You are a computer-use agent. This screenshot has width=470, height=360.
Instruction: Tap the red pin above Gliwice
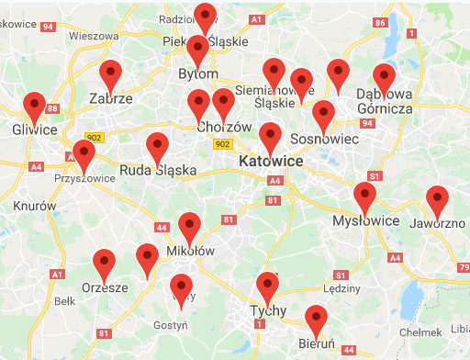pyautogui.click(x=35, y=108)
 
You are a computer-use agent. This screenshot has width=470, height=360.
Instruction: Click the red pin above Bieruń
pyautogui.click(x=317, y=321)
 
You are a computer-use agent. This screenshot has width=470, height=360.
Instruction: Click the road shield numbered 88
pyautogui.click(x=51, y=109)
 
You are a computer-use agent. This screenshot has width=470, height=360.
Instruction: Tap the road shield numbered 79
pyautogui.click(x=462, y=267)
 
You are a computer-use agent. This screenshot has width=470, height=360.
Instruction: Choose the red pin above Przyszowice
pyautogui.click(x=84, y=156)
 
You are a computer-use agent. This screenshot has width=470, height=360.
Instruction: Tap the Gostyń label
pyautogui.click(x=172, y=324)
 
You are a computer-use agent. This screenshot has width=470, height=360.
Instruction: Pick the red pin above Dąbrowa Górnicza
pyautogui.click(x=384, y=80)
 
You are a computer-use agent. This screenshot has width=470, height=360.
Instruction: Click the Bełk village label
pyautogui.click(x=64, y=300)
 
